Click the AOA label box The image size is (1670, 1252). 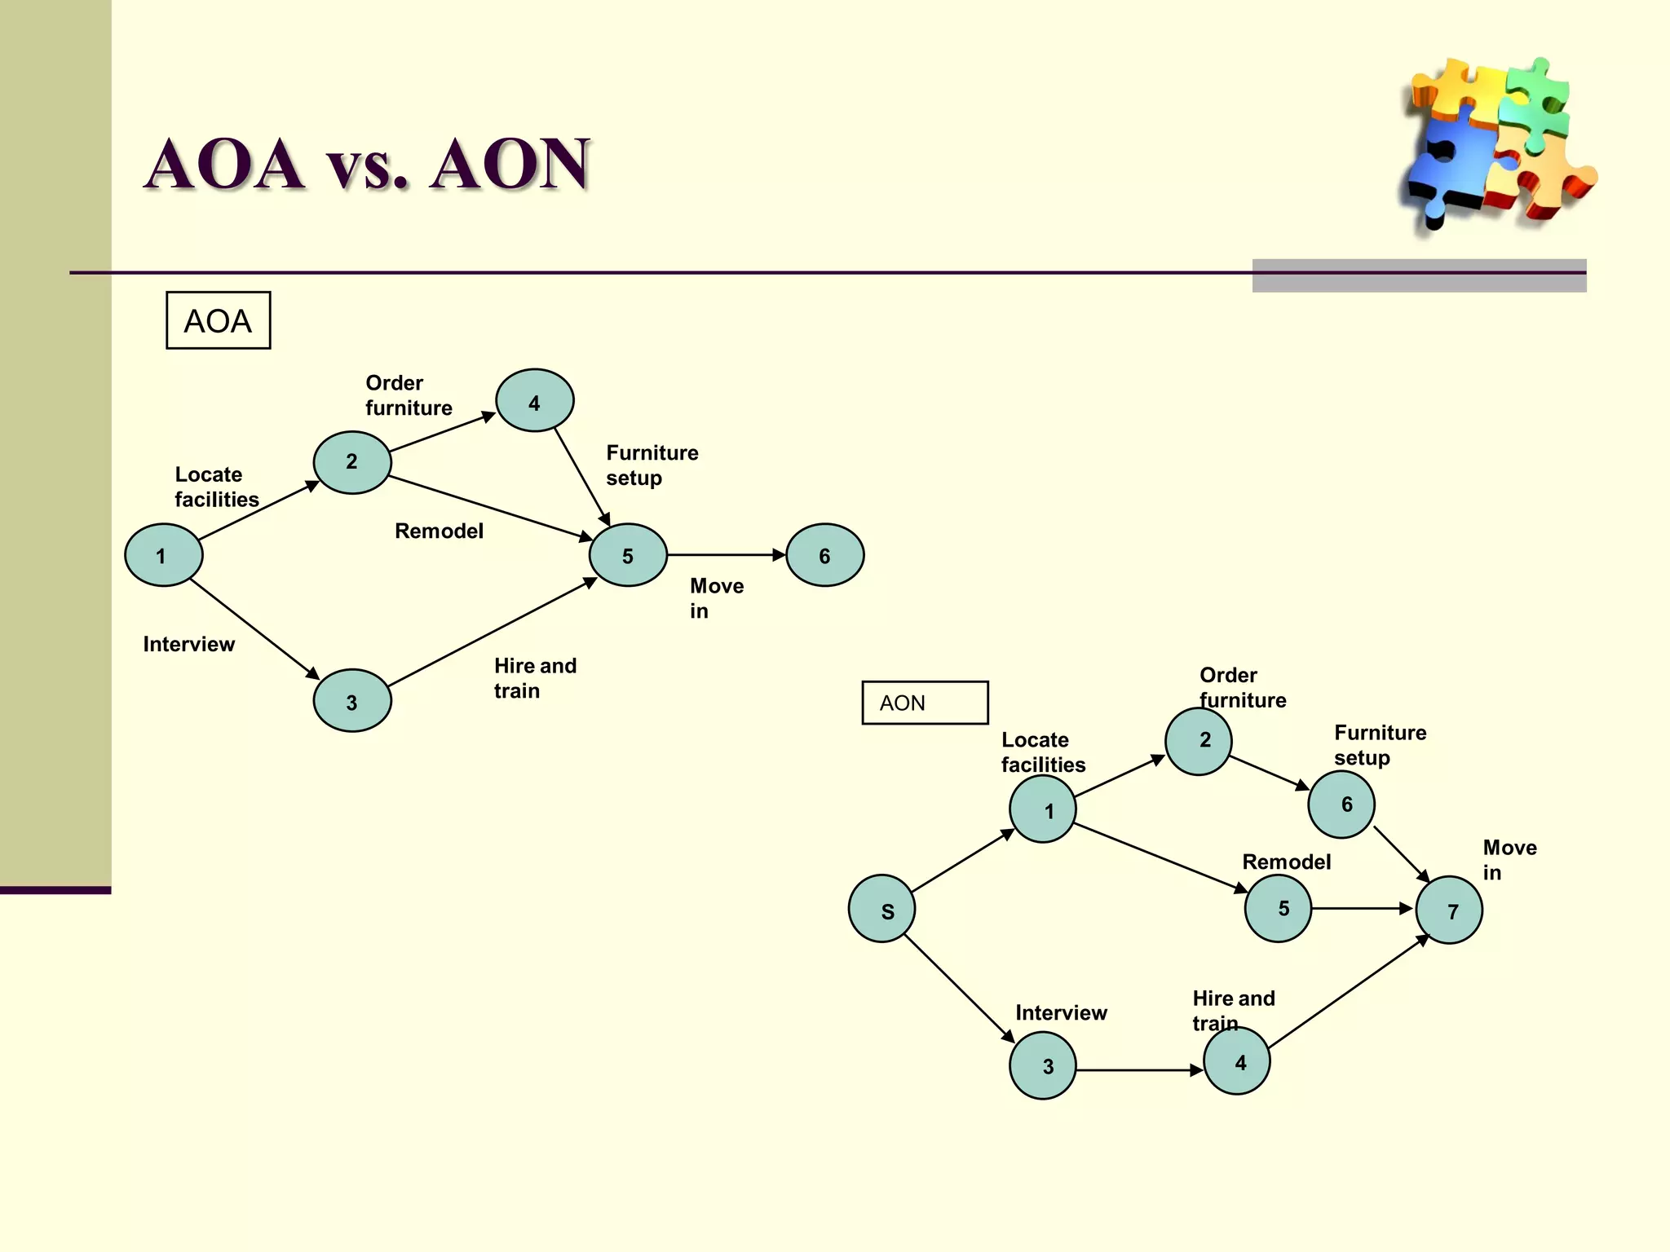(218, 320)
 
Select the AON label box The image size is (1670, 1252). (925, 703)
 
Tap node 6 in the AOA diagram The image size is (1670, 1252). (824, 555)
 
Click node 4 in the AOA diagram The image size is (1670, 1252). (534, 400)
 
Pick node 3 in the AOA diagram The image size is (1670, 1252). (352, 700)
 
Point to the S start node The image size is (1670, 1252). (881, 909)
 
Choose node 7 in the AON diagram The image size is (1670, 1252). (1449, 910)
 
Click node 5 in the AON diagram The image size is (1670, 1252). (1278, 908)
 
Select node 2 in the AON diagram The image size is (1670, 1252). (1198, 741)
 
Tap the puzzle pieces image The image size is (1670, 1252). (1496, 143)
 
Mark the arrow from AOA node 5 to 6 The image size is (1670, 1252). (726, 555)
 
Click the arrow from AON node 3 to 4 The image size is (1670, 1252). (1139, 1070)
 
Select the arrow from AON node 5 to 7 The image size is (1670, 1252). (1362, 908)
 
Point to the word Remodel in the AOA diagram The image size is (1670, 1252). (439, 531)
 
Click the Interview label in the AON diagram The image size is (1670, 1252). (1061, 1013)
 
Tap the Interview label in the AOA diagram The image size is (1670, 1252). (188, 645)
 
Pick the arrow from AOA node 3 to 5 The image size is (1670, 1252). (493, 633)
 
